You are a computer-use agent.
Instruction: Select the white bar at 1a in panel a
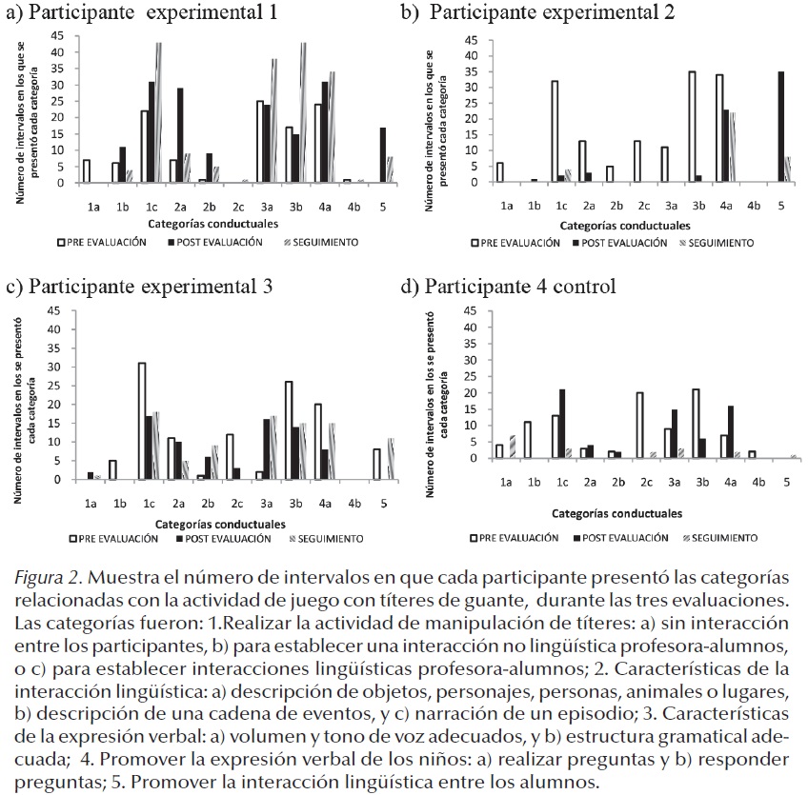coord(87,171)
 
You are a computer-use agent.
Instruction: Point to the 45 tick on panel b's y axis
coord(470,40)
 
